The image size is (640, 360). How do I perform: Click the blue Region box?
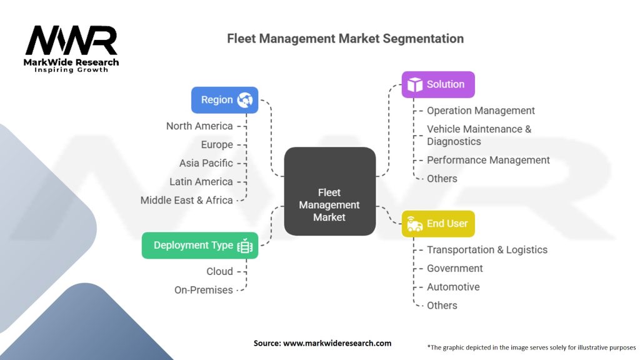point(224,100)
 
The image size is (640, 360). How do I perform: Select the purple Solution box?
point(437,84)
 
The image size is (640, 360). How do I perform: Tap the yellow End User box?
point(437,224)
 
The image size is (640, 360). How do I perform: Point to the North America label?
point(199,126)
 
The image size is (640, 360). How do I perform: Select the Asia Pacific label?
point(206,163)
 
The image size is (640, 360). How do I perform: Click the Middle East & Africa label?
point(186,201)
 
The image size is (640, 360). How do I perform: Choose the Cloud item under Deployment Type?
point(219,272)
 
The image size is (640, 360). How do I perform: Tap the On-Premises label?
point(203,290)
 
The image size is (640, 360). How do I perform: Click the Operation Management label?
point(481,111)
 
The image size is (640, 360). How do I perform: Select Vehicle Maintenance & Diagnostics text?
point(479,135)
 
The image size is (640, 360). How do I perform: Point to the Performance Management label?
point(488,160)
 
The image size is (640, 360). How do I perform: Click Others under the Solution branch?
point(442,179)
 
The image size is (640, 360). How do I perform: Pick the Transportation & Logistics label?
point(487,250)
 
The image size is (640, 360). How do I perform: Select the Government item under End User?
point(454,269)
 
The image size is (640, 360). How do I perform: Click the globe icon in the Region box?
point(244,100)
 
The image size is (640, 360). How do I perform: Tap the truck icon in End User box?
point(414,224)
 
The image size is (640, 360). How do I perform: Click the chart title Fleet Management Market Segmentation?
point(345,39)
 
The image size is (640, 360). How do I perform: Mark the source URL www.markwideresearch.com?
point(337,343)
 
